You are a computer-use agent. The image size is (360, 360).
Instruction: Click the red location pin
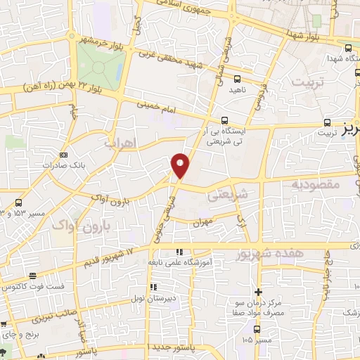(x=180, y=165)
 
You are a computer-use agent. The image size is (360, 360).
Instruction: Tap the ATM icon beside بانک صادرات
(x=65, y=155)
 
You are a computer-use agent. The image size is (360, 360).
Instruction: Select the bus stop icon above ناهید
(x=237, y=79)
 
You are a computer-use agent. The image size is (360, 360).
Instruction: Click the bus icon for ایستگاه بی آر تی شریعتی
(x=224, y=120)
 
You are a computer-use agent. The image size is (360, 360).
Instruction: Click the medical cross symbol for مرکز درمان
(x=259, y=292)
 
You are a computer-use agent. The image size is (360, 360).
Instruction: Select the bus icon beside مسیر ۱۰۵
(x=257, y=328)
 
